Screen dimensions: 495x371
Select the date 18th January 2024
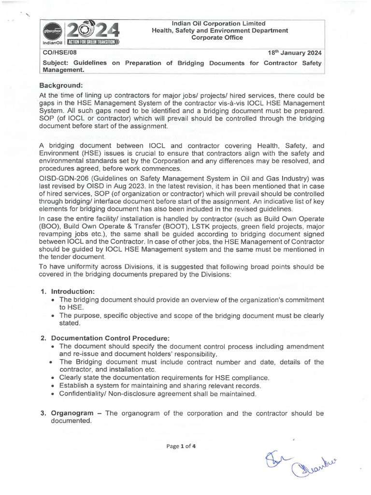click(295, 53)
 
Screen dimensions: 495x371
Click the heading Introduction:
click(73, 291)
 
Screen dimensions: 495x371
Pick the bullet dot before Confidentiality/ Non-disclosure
click(53, 394)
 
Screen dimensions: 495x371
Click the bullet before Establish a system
click(53, 386)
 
